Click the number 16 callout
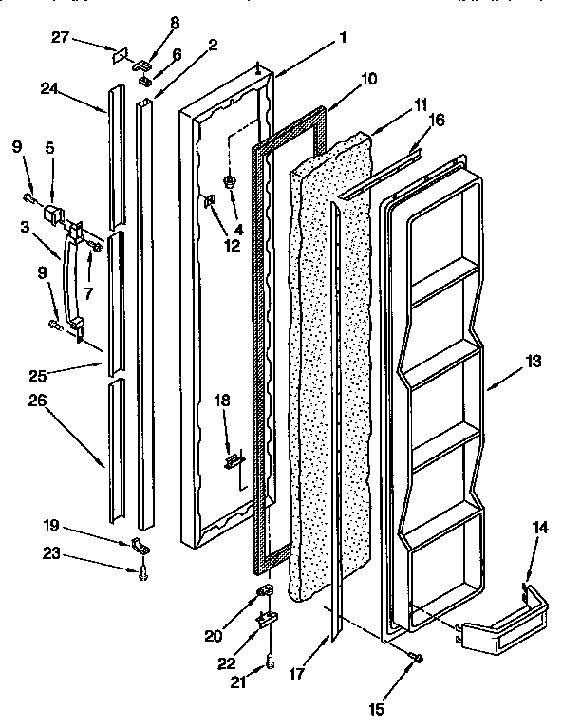pyautogui.click(x=437, y=121)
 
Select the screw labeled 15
pyautogui.click(x=415, y=658)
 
